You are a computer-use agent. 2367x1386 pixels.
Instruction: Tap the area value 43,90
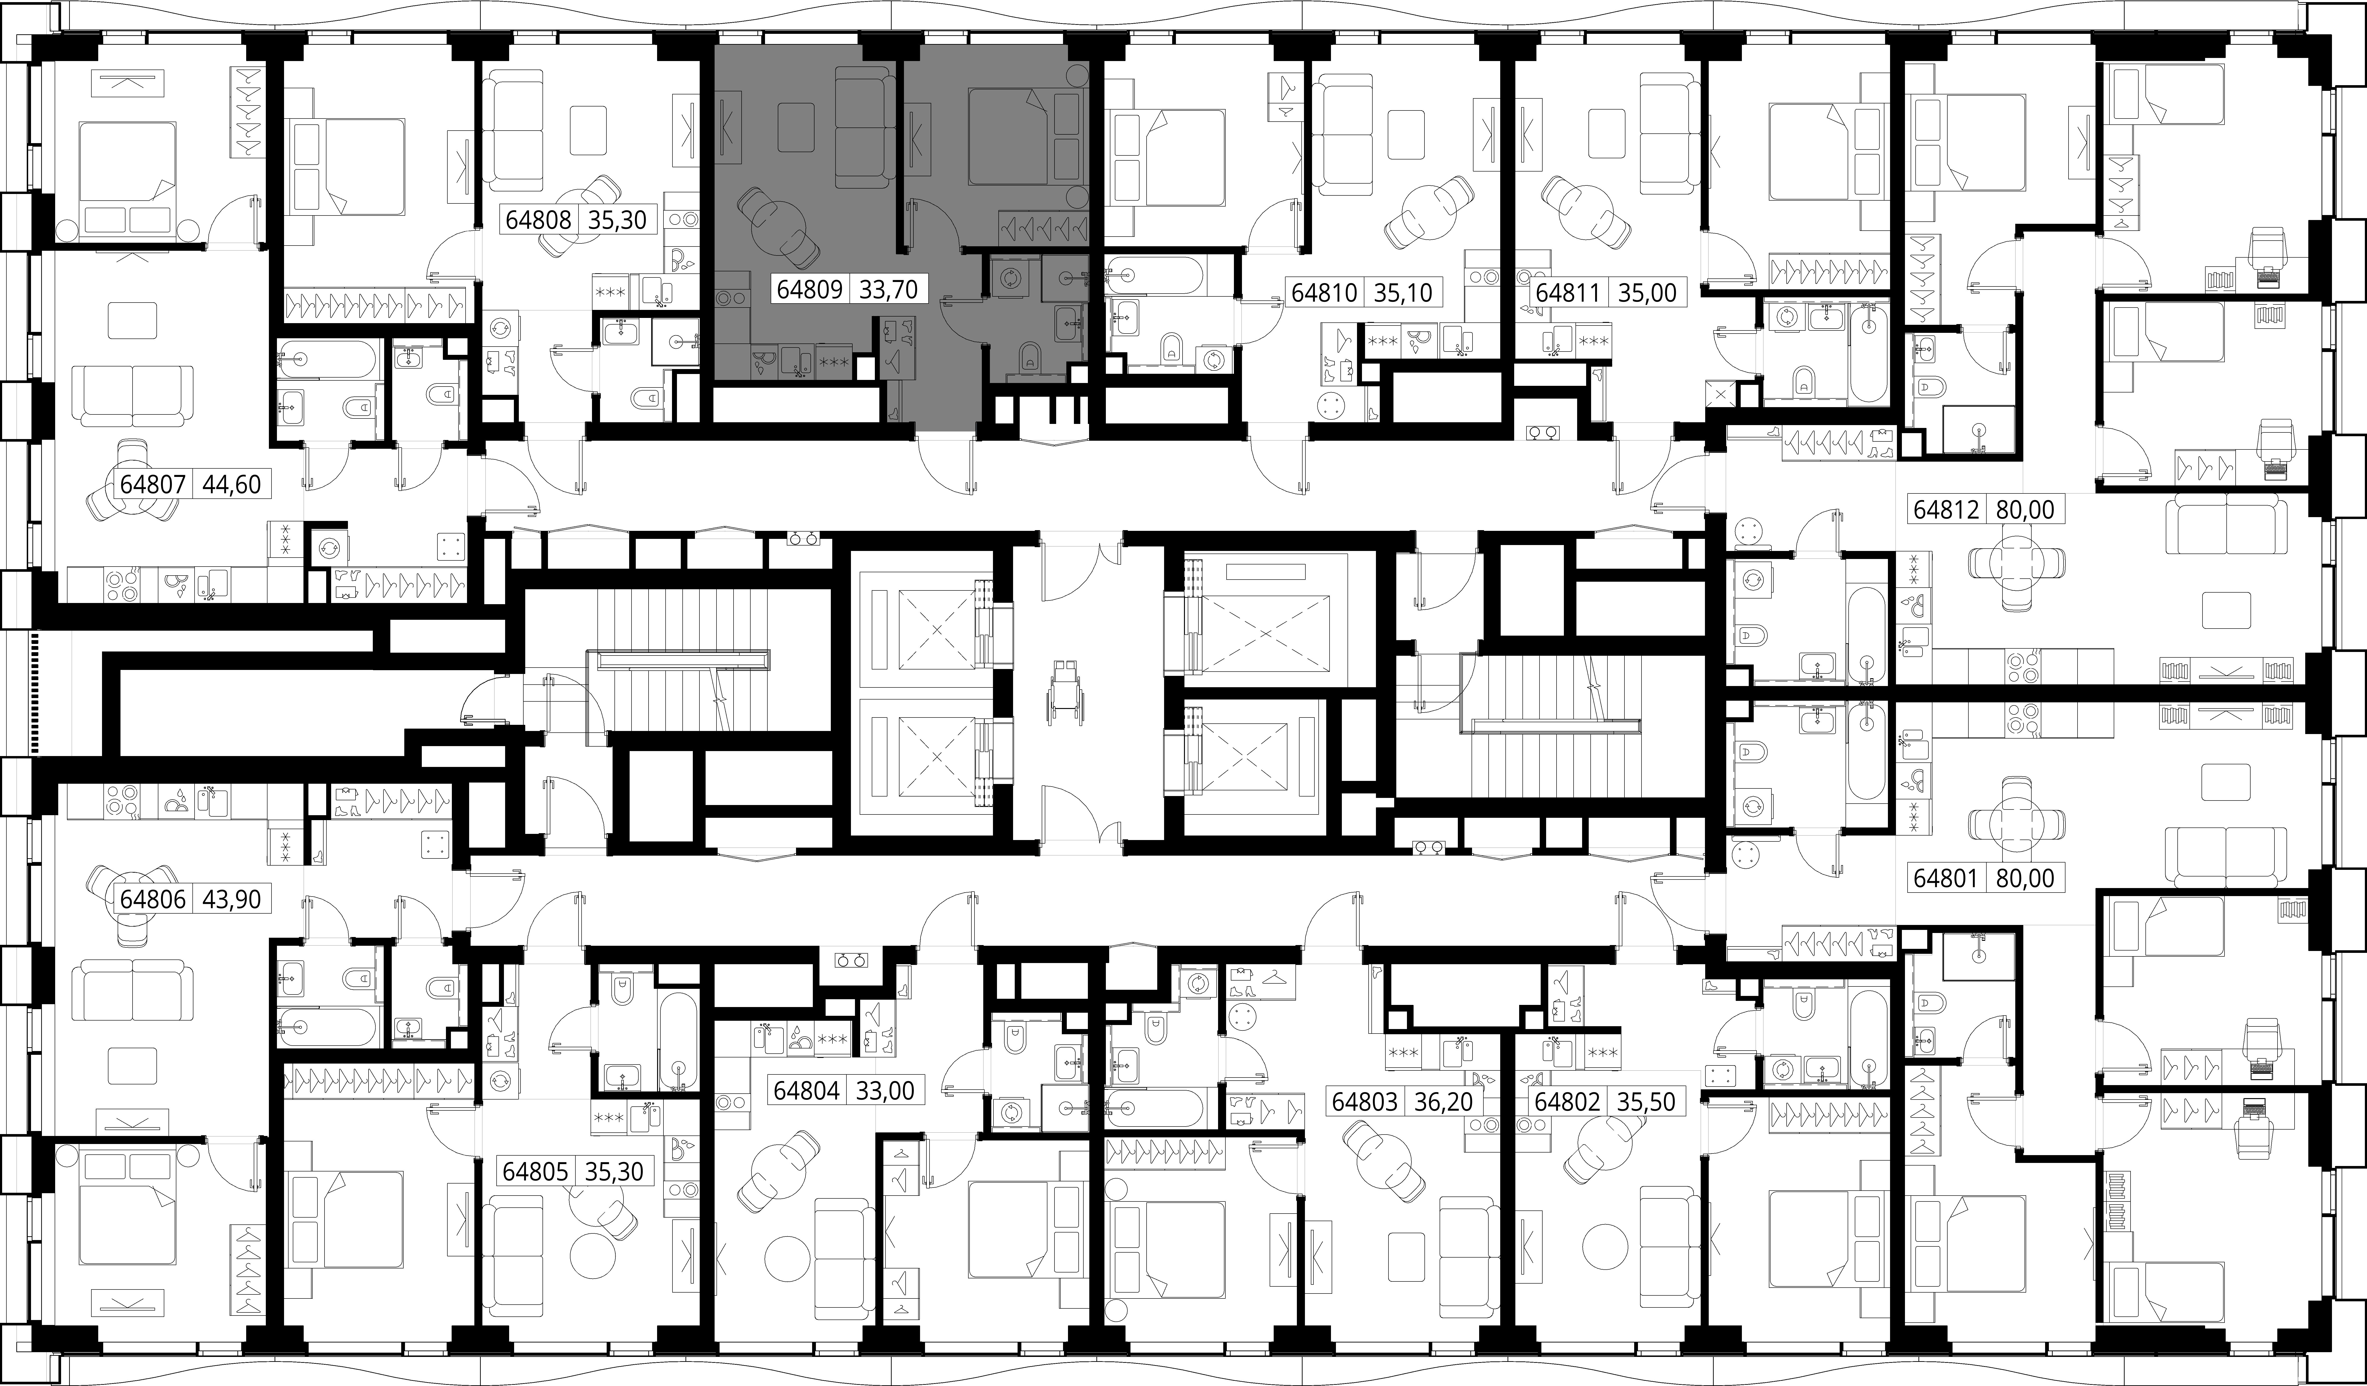[231, 899]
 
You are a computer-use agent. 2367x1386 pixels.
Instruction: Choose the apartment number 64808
[538, 220]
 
